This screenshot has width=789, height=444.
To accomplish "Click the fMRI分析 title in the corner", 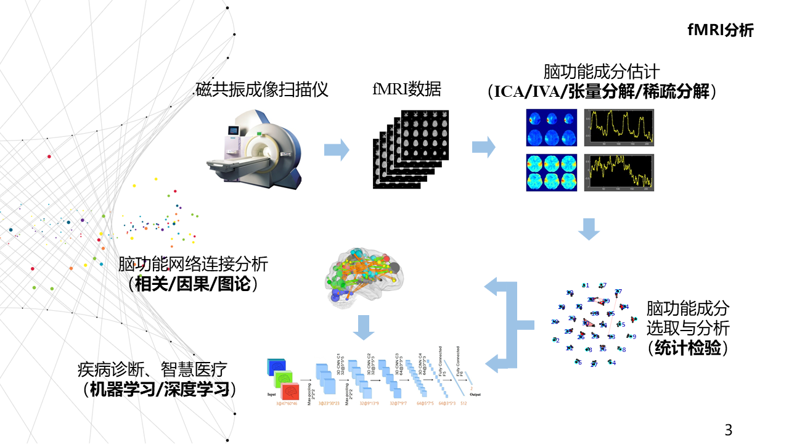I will [720, 31].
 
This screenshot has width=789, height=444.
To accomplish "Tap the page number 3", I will [729, 429].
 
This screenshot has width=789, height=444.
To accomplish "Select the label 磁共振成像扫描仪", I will [261, 89].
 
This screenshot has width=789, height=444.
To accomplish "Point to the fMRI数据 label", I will [406, 89].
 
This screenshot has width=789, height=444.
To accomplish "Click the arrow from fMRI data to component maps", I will [483, 147].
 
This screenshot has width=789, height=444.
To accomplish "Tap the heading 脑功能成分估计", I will [602, 72].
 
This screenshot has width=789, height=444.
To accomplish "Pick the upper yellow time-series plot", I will [619, 127].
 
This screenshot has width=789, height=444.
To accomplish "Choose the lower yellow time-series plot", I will [619, 172].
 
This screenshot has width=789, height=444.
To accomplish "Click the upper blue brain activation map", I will [551, 127].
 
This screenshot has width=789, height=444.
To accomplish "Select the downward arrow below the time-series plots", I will [589, 229].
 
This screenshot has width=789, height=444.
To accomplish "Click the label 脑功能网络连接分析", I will [193, 265].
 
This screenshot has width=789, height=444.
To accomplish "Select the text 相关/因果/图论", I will [193, 285].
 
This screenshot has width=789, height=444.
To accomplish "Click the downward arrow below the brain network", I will [364, 327].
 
